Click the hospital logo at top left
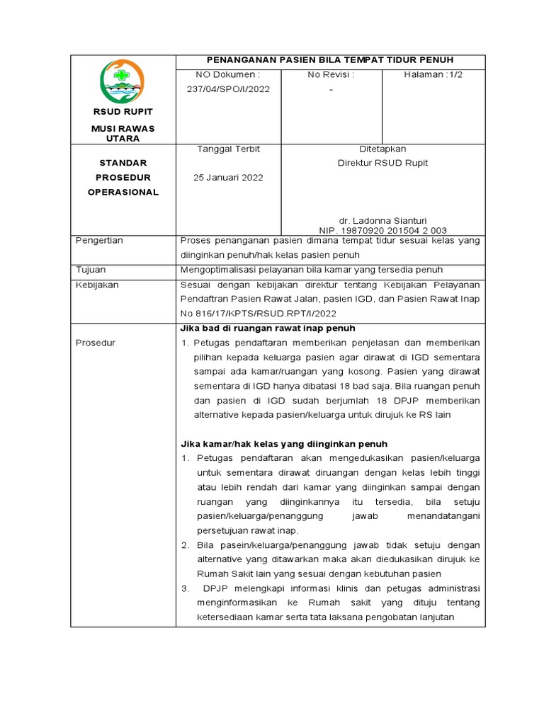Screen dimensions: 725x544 pyautogui.click(x=123, y=81)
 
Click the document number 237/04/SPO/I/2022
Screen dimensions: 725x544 pyautogui.click(x=227, y=89)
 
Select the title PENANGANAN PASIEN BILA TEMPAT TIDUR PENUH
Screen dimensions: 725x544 pyautogui.click(x=329, y=60)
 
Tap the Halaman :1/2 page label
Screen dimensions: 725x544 pyautogui.click(x=433, y=74)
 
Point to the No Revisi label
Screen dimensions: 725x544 pyautogui.click(x=331, y=74)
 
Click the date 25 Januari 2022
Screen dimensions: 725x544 pyautogui.click(x=228, y=177)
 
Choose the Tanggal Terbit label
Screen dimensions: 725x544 pyautogui.click(x=228, y=149)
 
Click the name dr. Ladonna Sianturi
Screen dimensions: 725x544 pyautogui.click(x=383, y=220)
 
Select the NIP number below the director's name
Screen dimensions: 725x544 pyautogui.click(x=383, y=230)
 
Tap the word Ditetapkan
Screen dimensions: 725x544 pyautogui.click(x=383, y=149)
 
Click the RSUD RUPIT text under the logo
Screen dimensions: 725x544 pyautogui.click(x=123, y=112)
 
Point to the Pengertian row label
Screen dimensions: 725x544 pyautogui.click(x=99, y=240)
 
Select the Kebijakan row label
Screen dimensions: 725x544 pyautogui.click(x=97, y=285)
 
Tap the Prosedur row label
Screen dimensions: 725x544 pyautogui.click(x=96, y=343)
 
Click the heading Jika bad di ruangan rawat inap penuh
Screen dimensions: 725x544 pyautogui.click(x=268, y=329)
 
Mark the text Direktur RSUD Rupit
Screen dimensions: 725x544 pyautogui.click(x=383, y=163)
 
